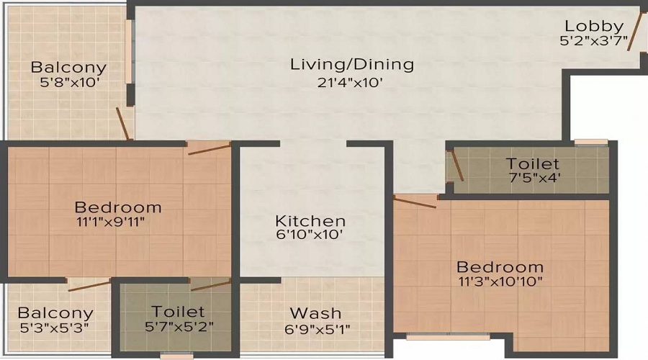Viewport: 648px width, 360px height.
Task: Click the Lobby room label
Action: pyautogui.click(x=594, y=27)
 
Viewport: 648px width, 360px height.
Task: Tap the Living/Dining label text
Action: pyautogui.click(x=352, y=64)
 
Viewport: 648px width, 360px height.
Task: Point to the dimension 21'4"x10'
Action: pyautogui.click(x=352, y=82)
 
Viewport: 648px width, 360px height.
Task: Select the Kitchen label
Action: pyautogui.click(x=310, y=220)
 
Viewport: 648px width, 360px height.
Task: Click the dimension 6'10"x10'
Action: pyautogui.click(x=310, y=234)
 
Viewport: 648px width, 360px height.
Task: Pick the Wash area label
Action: pyautogui.click(x=315, y=313)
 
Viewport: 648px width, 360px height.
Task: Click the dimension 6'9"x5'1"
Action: pyautogui.click(x=315, y=327)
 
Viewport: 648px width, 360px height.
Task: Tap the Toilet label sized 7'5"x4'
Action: pyautogui.click(x=532, y=163)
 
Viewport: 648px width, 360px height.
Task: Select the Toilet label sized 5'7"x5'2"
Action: pyautogui.click(x=178, y=312)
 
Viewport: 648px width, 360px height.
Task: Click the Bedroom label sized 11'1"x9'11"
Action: pyautogui.click(x=118, y=207)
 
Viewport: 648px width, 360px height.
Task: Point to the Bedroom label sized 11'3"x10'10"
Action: pyautogui.click(x=500, y=266)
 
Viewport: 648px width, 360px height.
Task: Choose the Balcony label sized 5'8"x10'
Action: pyautogui.click(x=68, y=68)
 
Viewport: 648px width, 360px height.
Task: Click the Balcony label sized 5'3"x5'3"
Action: pyautogui.click(x=55, y=313)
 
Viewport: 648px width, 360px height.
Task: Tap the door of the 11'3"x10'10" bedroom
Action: pyautogui.click(x=414, y=202)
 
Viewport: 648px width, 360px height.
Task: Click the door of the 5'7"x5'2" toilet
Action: pyautogui.click(x=210, y=285)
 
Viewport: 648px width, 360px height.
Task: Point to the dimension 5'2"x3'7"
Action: pyautogui.click(x=594, y=41)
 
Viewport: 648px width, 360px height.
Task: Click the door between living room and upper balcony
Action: pyautogui.click(x=123, y=123)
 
